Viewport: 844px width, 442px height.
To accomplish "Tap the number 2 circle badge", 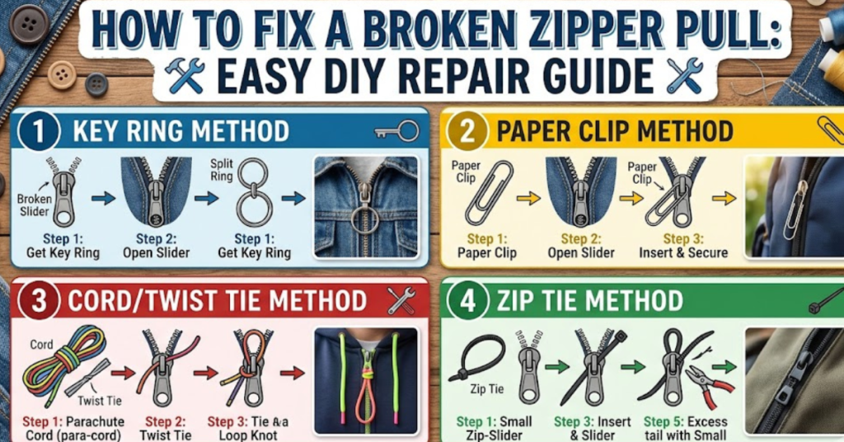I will [466, 131].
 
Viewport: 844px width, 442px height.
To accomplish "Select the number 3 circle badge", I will [34, 300].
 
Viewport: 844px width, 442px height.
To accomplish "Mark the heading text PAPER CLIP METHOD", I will [614, 131].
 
